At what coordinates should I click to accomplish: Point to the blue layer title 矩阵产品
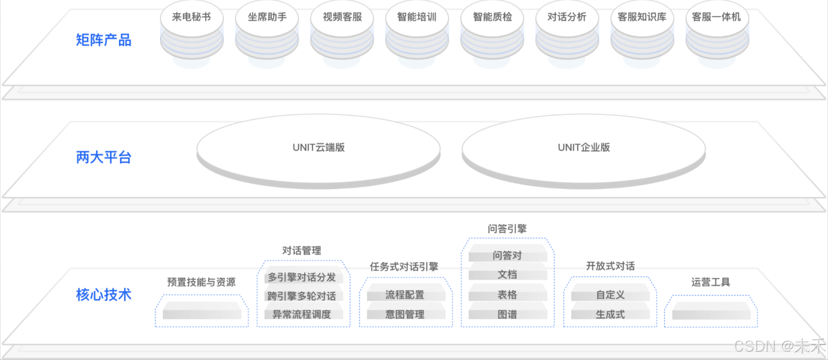103,40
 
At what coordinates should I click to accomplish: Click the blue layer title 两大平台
103,157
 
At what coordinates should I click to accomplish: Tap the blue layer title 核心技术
103,295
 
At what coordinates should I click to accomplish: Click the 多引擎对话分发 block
302,277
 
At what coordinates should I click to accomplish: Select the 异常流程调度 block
302,314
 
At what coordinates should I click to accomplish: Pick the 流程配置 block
405,295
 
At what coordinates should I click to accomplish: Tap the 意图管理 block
405,314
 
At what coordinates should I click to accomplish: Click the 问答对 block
507,256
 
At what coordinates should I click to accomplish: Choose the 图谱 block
507,314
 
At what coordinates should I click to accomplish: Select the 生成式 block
610,314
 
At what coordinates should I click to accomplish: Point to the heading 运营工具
711,282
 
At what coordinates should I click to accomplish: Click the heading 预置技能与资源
201,282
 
